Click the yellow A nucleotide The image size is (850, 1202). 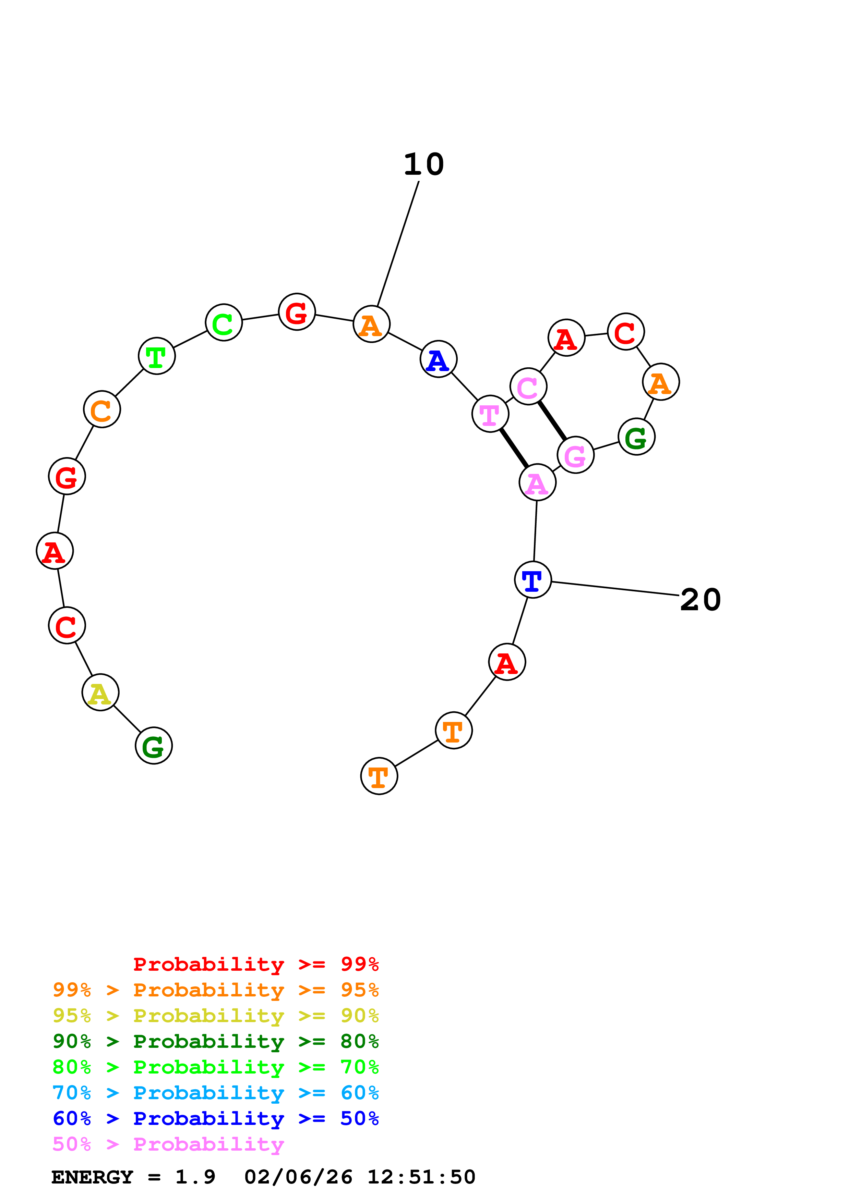click(x=100, y=692)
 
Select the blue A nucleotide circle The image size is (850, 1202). click(x=438, y=359)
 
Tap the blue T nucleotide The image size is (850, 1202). click(x=532, y=579)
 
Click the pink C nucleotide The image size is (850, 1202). click(x=528, y=387)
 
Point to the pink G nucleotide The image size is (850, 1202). click(x=576, y=455)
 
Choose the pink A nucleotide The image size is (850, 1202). click(x=537, y=482)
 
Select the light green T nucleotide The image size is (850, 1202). click(x=157, y=356)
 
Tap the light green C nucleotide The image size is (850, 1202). click(x=224, y=322)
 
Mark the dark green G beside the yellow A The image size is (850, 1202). click(x=154, y=746)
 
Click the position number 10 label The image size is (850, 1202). click(x=424, y=164)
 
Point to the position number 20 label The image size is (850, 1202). click(x=700, y=600)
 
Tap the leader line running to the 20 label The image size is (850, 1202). click(x=615, y=588)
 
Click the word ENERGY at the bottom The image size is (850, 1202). click(x=92, y=1177)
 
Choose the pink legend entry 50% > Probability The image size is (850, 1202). click(x=168, y=1144)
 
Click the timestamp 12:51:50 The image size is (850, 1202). click(x=421, y=1177)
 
